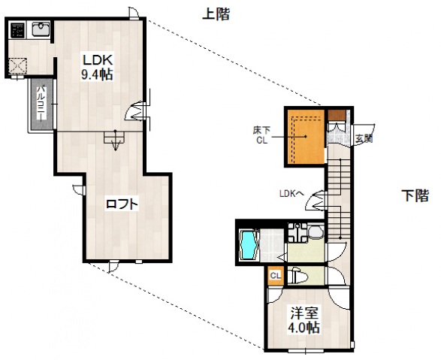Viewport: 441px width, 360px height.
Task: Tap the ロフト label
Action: [x=121, y=202]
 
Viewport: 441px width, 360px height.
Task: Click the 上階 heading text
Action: [x=216, y=14]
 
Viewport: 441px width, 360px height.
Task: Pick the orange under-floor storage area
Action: [x=304, y=138]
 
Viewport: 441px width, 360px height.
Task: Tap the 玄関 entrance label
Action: [x=364, y=138]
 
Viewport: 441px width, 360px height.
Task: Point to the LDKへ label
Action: [x=291, y=193]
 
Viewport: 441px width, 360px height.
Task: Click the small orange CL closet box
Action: [x=276, y=276]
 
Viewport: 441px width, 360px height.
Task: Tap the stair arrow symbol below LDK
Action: [x=114, y=140]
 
